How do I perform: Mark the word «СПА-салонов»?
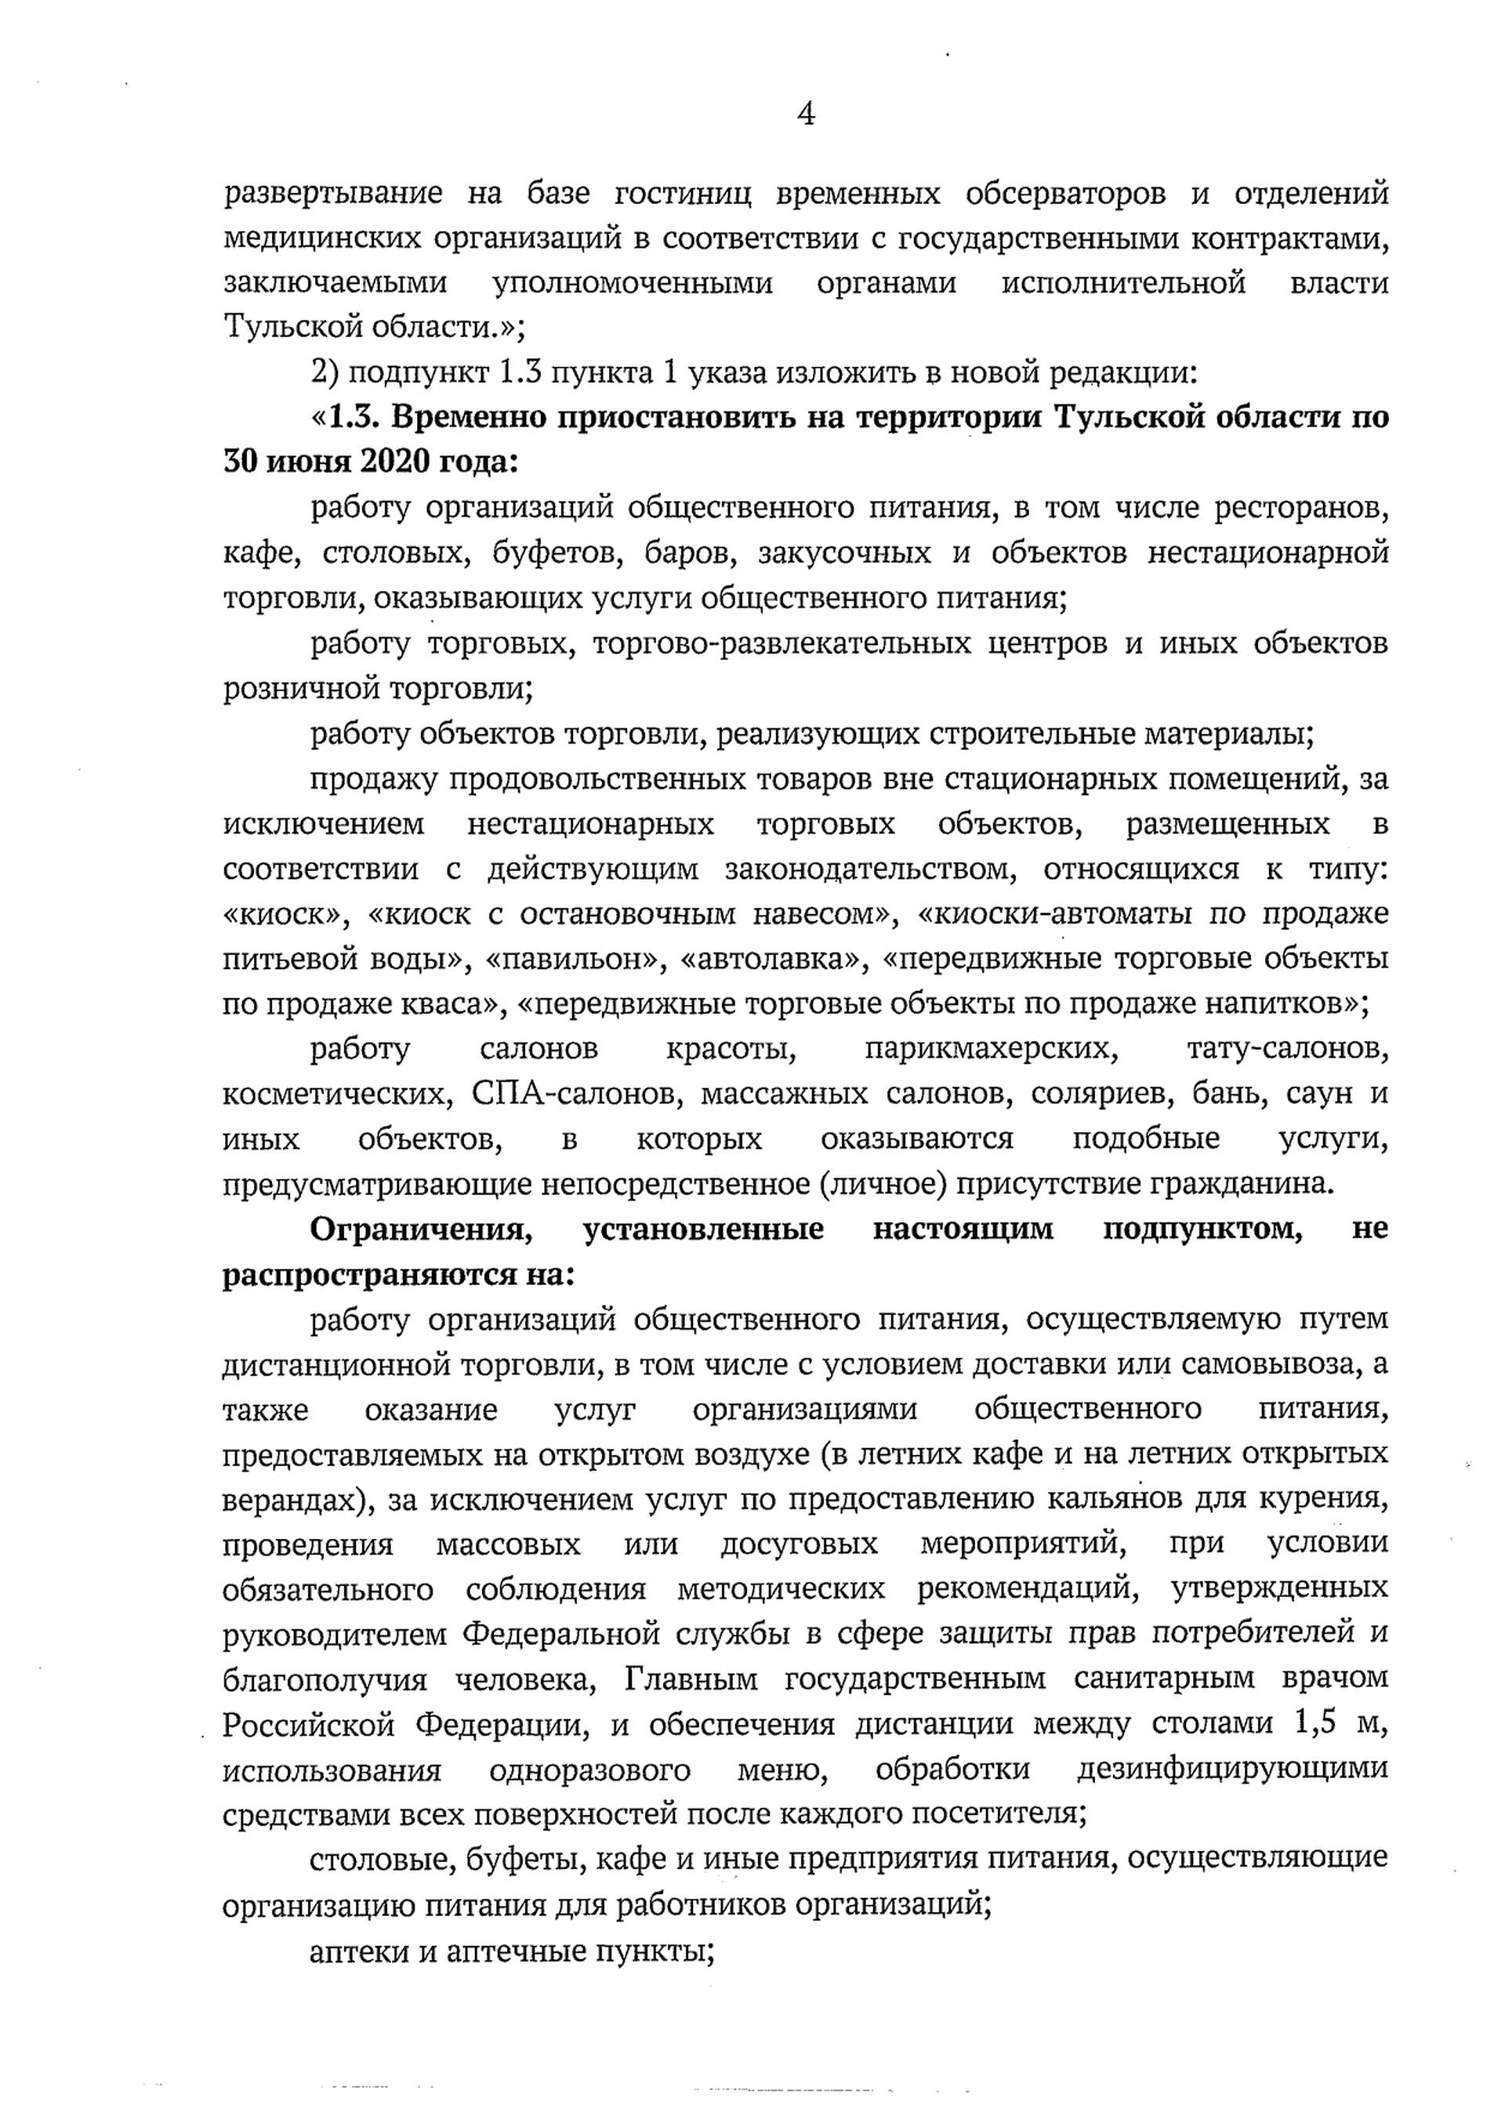pos(578,1094)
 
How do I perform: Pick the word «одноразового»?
pos(589,1769)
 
